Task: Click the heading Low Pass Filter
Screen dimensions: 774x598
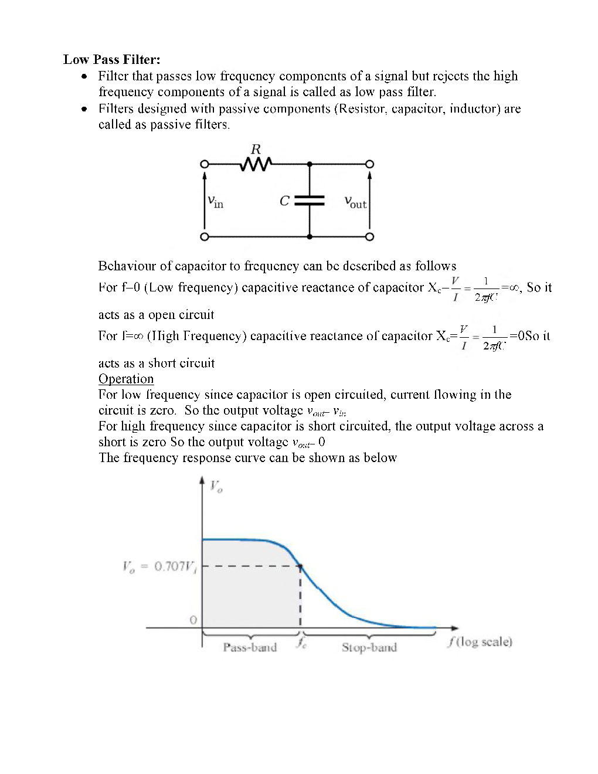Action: (111, 59)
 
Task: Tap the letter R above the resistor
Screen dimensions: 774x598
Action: (256, 149)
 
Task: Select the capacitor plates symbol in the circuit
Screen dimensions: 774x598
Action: (310, 201)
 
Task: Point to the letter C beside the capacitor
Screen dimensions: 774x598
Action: (284, 201)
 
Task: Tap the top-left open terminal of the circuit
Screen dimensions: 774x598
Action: (204, 164)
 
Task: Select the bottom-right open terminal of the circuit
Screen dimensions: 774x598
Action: (369, 237)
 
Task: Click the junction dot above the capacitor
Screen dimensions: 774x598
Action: (310, 164)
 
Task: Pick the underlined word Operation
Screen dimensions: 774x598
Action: (126, 379)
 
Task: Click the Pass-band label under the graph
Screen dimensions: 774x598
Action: (250, 647)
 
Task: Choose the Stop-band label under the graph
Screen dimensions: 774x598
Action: (369, 647)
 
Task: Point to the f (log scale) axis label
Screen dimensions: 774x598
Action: (480, 642)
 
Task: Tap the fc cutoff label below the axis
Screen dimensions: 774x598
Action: (300, 643)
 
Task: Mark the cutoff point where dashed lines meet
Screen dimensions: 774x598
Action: (300, 567)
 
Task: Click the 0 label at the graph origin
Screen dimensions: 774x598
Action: (192, 620)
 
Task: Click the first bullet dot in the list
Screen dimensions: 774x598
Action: (86, 76)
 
